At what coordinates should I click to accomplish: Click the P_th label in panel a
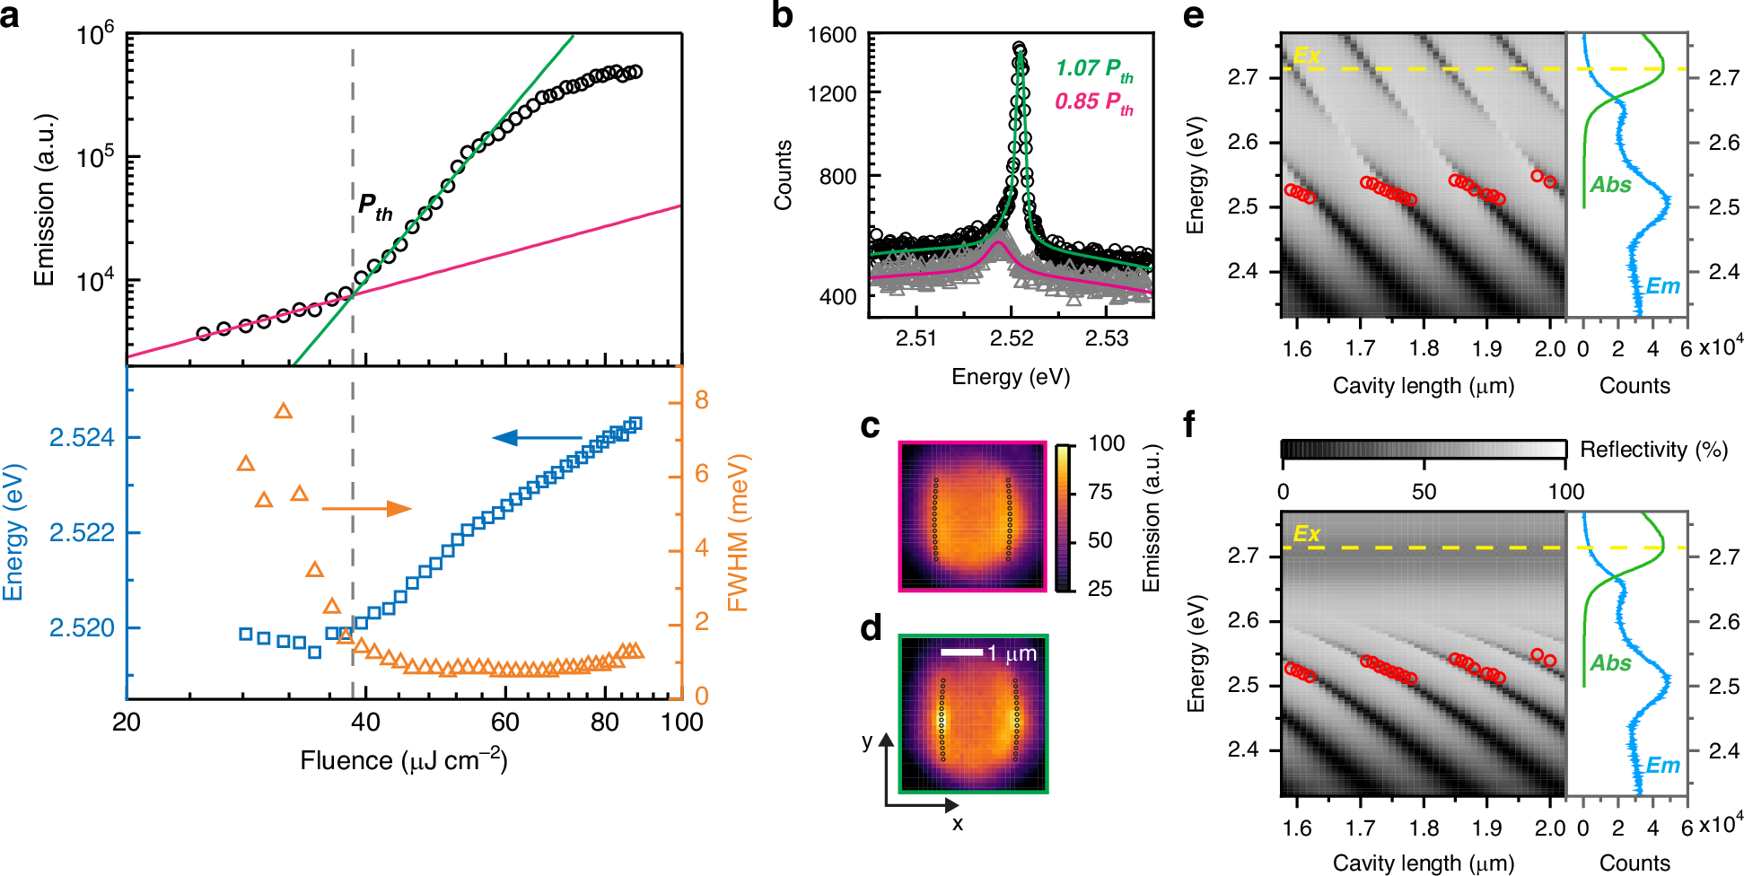[374, 207]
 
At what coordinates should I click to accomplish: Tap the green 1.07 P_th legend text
[1093, 69]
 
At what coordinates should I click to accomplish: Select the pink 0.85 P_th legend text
[1093, 102]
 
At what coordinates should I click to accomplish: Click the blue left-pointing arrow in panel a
[536, 438]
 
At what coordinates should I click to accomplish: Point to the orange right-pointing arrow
[366, 509]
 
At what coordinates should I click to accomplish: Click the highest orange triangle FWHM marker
[284, 411]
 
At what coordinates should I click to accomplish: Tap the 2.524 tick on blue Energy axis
[82, 438]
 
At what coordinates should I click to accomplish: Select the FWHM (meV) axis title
[738, 533]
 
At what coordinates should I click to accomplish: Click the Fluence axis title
[404, 761]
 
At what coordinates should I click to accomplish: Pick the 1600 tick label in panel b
[831, 36]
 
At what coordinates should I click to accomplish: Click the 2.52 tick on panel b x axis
[1012, 338]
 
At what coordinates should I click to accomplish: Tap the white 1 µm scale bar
[961, 653]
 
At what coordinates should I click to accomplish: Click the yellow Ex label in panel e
[1306, 56]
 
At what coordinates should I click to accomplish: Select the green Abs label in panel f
[1610, 663]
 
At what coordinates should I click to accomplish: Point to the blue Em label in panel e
[1662, 286]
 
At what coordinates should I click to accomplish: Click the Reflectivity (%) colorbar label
[1653, 450]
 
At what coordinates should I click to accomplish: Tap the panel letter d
[871, 628]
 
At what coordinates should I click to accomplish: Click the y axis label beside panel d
[867, 741]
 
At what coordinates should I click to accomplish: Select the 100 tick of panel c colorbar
[1106, 443]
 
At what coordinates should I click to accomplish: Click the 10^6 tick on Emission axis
[96, 36]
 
